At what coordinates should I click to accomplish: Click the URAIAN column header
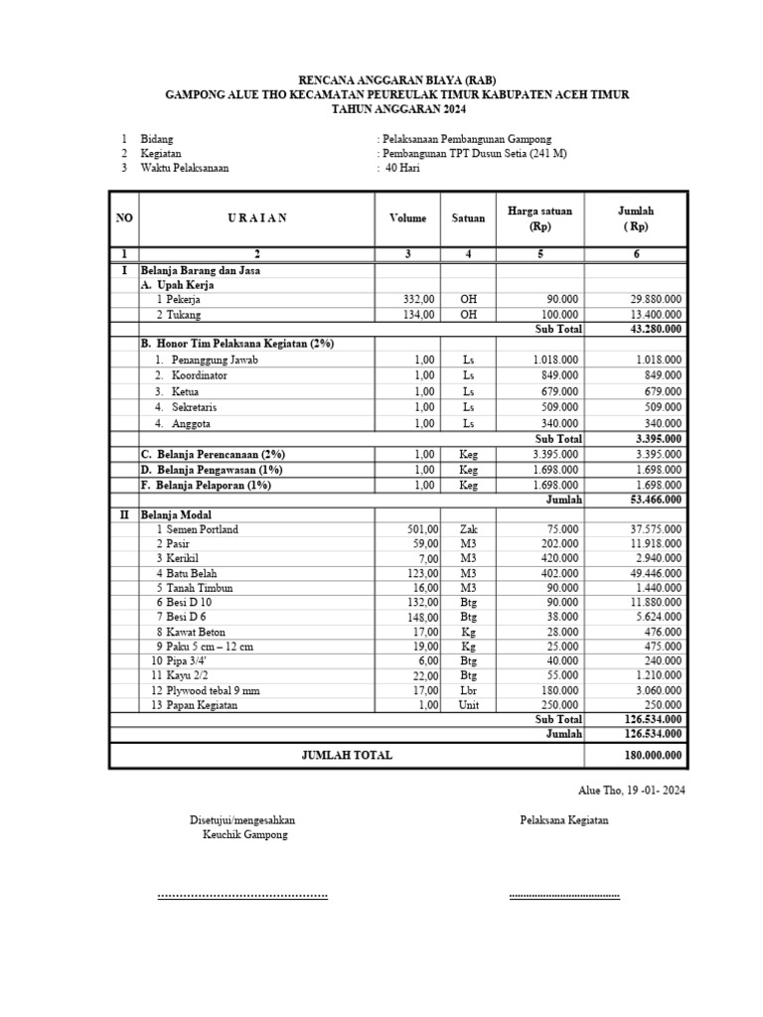[256, 218]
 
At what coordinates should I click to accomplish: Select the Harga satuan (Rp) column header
[540, 218]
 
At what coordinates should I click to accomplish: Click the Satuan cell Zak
[468, 529]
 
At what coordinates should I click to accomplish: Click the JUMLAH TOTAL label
[347, 756]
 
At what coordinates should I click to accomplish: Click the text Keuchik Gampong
[244, 835]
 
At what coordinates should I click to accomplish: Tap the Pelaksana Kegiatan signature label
[564, 820]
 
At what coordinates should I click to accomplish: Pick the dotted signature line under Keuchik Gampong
[242, 897]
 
